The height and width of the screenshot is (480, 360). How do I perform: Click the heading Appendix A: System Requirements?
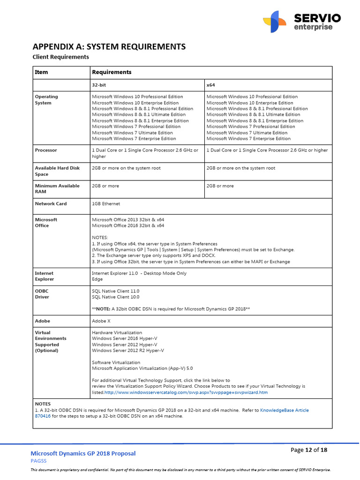(x=109, y=46)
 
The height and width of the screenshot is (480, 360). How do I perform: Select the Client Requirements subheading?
(x=60, y=57)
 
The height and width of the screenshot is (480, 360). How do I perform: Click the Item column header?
(x=41, y=72)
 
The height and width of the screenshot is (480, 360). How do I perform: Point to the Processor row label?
(x=46, y=150)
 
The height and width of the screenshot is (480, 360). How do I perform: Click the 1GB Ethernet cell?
(x=106, y=204)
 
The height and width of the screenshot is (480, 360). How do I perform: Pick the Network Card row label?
(x=51, y=204)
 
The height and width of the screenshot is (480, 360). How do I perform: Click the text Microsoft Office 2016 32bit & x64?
(x=128, y=225)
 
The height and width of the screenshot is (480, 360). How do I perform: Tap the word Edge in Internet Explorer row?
(x=97, y=279)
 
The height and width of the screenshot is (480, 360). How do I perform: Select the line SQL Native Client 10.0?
(x=115, y=297)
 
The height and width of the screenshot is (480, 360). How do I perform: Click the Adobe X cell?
(x=101, y=321)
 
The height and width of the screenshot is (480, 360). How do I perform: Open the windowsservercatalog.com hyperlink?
(x=186, y=392)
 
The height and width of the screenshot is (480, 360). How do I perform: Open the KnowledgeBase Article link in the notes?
(x=284, y=410)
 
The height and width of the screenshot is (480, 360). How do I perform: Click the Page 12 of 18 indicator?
(x=309, y=450)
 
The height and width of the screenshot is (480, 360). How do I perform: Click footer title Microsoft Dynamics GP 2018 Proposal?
(x=83, y=453)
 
